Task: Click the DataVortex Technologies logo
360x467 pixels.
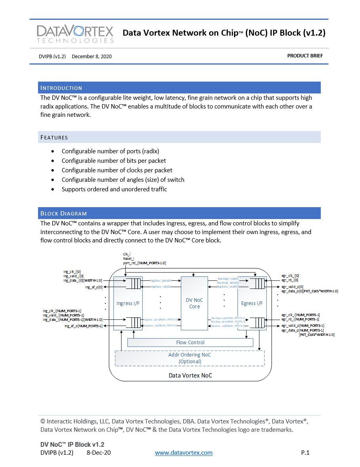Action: [x=75, y=34]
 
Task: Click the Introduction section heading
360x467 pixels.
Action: [x=61, y=88]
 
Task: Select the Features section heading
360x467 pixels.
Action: [x=54, y=137]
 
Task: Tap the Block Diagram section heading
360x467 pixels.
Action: [x=63, y=213]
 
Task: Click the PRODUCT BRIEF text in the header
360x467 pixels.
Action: [x=305, y=56]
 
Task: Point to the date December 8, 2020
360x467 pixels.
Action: [x=91, y=56]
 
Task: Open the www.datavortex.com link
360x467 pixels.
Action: [x=183, y=453]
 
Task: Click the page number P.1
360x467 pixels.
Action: [x=305, y=453]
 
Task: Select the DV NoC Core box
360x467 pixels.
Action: [x=194, y=303]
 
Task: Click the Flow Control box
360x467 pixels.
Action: [x=190, y=342]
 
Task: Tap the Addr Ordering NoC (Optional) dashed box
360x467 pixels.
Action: [x=189, y=358]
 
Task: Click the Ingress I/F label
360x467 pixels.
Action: [x=128, y=303]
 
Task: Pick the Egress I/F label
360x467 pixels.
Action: [x=252, y=303]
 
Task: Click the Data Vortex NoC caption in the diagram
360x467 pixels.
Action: [x=190, y=375]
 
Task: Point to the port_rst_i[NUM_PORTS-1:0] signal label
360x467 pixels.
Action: [x=144, y=263]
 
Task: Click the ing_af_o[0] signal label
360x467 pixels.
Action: [x=94, y=287]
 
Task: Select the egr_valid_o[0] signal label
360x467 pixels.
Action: [x=292, y=286]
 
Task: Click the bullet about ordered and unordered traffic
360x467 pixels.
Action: [x=114, y=189]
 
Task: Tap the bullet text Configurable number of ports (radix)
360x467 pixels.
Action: [x=110, y=151]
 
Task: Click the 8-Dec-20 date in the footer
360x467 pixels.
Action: [x=99, y=453]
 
